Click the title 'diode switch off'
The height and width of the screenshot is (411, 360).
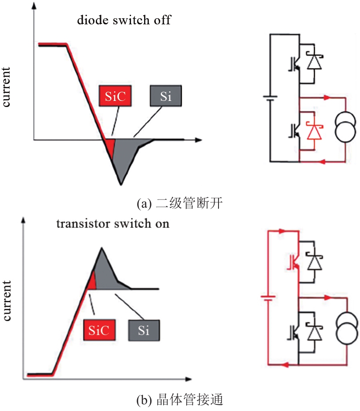point(124,20)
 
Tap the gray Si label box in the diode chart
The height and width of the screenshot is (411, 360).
point(165,97)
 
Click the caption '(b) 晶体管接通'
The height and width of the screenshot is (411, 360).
point(179,399)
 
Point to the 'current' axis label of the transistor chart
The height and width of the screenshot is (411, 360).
point(7,301)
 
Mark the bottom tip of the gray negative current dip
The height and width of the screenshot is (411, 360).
point(121,184)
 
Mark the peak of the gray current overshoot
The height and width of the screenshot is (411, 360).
point(101,248)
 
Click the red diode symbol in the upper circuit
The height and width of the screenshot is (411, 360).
point(313,130)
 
